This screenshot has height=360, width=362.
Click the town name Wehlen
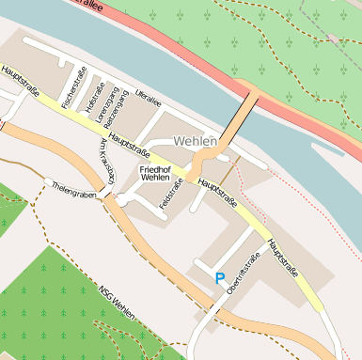pos(196,141)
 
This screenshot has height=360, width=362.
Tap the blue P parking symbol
pos(220,278)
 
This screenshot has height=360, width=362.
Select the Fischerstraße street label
pos(71,88)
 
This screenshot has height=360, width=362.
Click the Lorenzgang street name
pos(102,104)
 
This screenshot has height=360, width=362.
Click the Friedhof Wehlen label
pos(155,172)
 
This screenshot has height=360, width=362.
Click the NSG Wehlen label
pos(118,300)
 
